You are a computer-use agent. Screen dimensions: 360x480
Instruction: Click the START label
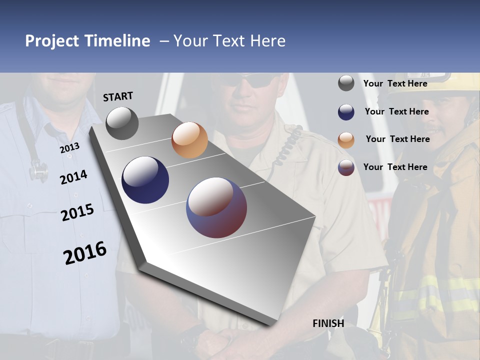click(118, 96)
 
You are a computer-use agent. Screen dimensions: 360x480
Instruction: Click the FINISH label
click(328, 323)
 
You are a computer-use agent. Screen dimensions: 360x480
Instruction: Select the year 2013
click(69, 148)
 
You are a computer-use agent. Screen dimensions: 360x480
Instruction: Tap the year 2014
click(73, 177)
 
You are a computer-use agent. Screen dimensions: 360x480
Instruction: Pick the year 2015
click(77, 212)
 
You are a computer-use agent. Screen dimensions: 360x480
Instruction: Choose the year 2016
click(85, 253)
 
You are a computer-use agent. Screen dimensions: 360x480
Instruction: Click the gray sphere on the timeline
click(122, 123)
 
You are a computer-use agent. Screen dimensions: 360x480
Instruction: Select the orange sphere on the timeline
click(189, 140)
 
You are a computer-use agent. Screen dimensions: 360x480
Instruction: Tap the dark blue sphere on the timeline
click(145, 180)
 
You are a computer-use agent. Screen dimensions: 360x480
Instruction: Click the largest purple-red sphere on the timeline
click(216, 207)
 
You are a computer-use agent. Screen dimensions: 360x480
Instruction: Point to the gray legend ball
click(346, 83)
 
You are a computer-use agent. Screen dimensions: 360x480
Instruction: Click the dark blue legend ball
click(346, 112)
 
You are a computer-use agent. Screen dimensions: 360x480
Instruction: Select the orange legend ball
click(346, 140)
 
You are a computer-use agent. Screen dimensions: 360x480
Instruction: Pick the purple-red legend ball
click(346, 167)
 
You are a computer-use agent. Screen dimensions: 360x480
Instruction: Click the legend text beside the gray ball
click(395, 83)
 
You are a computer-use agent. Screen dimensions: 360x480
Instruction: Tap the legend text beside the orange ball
click(397, 139)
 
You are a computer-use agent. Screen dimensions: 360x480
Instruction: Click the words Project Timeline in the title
click(87, 41)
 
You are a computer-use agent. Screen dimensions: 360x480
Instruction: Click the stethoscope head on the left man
click(38, 172)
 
